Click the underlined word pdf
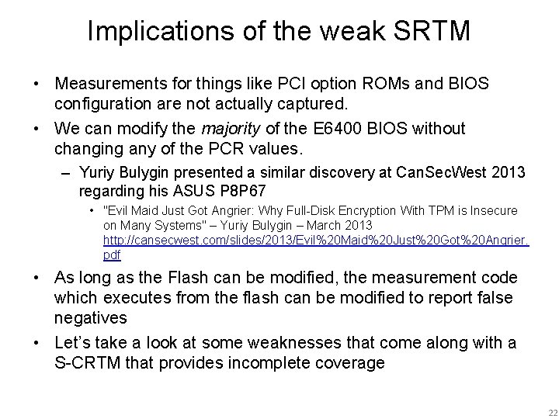coord(112,255)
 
